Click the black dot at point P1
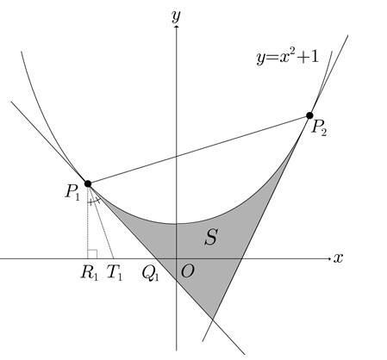pyautogui.click(x=88, y=183)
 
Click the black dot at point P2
pyautogui.click(x=309, y=115)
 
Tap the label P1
pyautogui.click(x=72, y=192)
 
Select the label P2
pyautogui.click(x=319, y=127)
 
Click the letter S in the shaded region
pyautogui.click(x=211, y=237)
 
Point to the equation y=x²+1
pyautogui.click(x=288, y=57)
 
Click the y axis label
pyautogui.click(x=176, y=16)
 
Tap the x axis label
pyautogui.click(x=338, y=258)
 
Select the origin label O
pyautogui.click(x=187, y=271)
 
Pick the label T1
pyautogui.click(x=115, y=272)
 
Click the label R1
pyautogui.click(x=90, y=272)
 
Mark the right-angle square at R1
pyautogui.click(x=92, y=254)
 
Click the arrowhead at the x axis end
pyautogui.click(x=329, y=258)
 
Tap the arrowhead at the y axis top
pyautogui.click(x=177, y=27)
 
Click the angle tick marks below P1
pyautogui.click(x=94, y=202)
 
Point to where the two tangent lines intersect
pyautogui.click(x=212, y=319)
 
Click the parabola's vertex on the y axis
pyautogui.click(x=177, y=223)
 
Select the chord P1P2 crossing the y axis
pyautogui.click(x=199, y=150)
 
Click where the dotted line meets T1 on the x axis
pyautogui.click(x=114, y=258)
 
